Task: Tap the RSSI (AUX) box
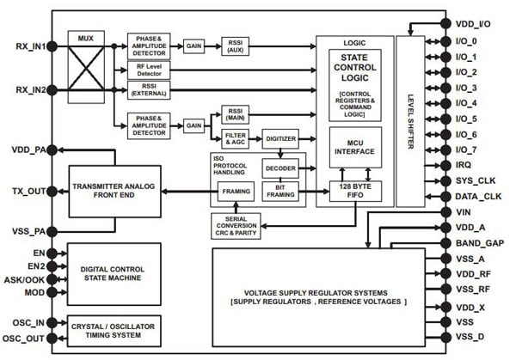236,46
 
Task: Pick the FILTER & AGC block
235,137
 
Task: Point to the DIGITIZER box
280,137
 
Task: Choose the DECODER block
280,168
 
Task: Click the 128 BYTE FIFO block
355,191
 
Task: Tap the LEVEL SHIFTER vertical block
410,112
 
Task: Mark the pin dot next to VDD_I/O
445,24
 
